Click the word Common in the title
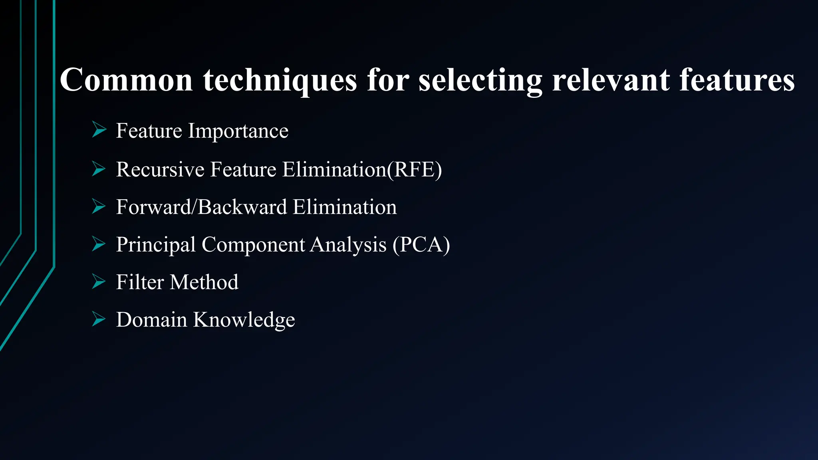click(127, 80)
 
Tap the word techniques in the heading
click(280, 81)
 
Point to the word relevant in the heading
click(611, 80)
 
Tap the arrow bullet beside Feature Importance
click(99, 130)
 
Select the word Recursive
click(160, 169)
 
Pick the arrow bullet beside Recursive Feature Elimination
click(99, 169)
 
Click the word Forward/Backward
click(202, 207)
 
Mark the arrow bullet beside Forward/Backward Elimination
click(99, 206)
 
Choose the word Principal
click(156, 245)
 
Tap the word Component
click(253, 245)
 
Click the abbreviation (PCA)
click(421, 245)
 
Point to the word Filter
click(140, 282)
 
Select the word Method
click(204, 282)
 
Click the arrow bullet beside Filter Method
click(99, 281)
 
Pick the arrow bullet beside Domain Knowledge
click(99, 319)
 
